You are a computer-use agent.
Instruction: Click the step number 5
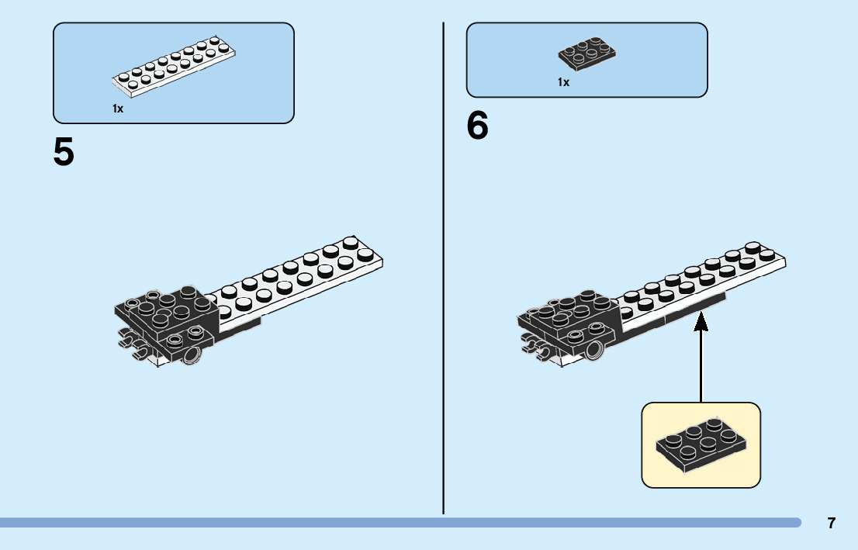[x=64, y=153]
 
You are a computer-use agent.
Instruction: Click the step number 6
[x=478, y=126]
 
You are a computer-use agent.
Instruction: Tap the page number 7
[x=832, y=523]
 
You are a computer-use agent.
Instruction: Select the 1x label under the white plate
[x=118, y=109]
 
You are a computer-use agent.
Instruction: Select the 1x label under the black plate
[x=563, y=82]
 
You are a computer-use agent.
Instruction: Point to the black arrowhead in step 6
[x=701, y=320]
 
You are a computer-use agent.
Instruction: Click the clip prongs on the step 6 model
[x=536, y=345]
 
